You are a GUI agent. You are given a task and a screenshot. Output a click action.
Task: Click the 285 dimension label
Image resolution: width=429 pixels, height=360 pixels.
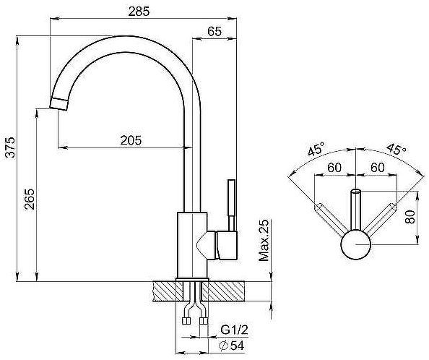click(139, 12)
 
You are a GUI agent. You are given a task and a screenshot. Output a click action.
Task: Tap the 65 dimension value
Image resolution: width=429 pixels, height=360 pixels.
click(214, 32)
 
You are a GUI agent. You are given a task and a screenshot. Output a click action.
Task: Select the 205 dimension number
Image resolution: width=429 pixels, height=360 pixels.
click(131, 140)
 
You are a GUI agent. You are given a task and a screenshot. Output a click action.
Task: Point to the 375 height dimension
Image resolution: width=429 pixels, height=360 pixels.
click(10, 147)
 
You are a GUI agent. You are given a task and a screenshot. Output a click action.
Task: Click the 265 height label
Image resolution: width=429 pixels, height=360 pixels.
click(30, 199)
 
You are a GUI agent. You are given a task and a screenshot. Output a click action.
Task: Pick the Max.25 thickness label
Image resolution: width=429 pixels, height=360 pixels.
click(264, 240)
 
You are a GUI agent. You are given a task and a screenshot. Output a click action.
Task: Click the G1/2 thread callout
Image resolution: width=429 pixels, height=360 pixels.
click(234, 330)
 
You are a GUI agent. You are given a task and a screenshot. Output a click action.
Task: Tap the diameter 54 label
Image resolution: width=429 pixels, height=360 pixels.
click(231, 346)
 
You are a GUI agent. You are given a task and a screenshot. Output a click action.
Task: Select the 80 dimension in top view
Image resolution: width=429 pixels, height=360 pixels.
click(410, 217)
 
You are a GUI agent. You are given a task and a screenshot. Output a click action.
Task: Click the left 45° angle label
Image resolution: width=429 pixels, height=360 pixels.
click(316, 149)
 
